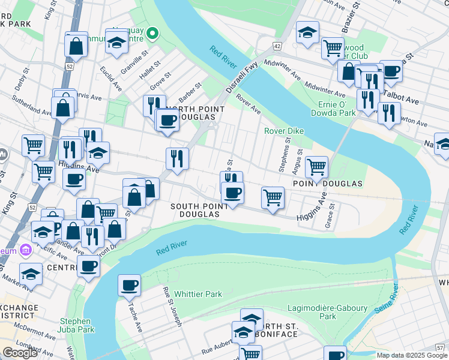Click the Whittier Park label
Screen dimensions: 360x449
pyautogui.click(x=198, y=294)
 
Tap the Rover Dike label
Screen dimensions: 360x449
pyautogui.click(x=285, y=131)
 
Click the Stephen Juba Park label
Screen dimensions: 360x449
pyautogui.click(x=76, y=325)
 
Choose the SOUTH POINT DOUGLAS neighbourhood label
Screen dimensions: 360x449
pyautogui.click(x=199, y=210)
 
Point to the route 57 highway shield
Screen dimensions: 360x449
pyautogui.click(x=440, y=347)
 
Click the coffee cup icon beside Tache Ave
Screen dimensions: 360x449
pyautogui.click(x=129, y=285)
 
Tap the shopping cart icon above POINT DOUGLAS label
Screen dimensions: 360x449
pyautogui.click(x=316, y=166)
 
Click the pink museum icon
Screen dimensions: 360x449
pyautogui.click(x=25, y=249)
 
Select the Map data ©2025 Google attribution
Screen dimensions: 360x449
pyautogui.click(x=412, y=355)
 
